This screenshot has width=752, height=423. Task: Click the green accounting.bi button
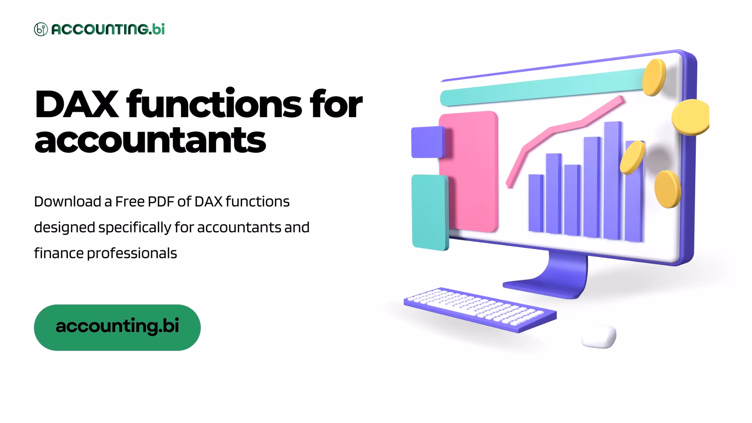click(x=117, y=327)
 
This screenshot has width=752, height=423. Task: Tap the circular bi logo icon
click(x=41, y=29)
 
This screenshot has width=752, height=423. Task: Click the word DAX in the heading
click(x=76, y=104)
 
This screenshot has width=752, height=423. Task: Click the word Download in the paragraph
click(x=67, y=202)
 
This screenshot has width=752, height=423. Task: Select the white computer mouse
click(x=599, y=336)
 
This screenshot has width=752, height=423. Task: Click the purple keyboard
click(x=480, y=309)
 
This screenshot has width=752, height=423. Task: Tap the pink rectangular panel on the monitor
click(x=468, y=172)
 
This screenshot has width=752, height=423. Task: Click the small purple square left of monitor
click(x=428, y=142)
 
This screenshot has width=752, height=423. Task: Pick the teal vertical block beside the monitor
click(x=430, y=212)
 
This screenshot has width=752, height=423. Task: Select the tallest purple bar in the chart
click(x=613, y=180)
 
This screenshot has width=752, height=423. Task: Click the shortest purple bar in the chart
click(x=536, y=203)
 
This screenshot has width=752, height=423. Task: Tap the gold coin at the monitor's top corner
click(x=654, y=77)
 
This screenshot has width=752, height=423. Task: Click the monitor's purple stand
click(x=552, y=276)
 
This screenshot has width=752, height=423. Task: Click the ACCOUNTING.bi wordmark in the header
click(x=108, y=29)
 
